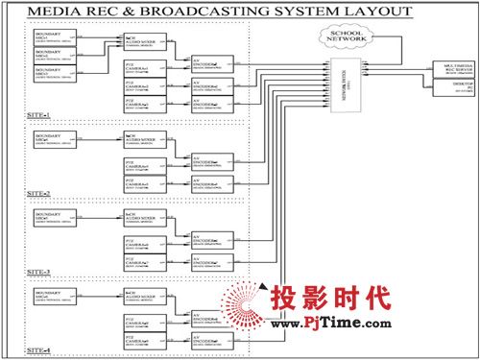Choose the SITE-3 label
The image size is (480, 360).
(x=38, y=272)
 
